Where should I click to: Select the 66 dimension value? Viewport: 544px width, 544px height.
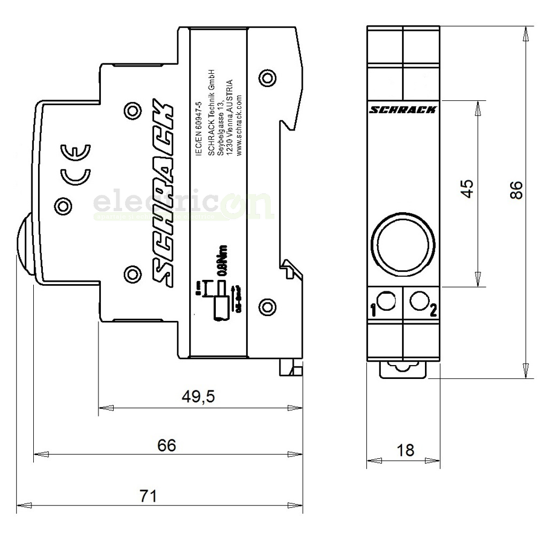coord(166,445)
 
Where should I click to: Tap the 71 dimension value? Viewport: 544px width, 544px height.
coord(148,496)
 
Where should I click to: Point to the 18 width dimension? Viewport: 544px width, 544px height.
coord(406,450)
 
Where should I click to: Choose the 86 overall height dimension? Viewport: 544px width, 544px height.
coord(516,190)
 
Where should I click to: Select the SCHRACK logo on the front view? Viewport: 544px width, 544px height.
coord(403,109)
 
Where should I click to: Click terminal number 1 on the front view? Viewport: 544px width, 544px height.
coord(373,311)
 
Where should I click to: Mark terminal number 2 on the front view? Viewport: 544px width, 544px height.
coord(433,311)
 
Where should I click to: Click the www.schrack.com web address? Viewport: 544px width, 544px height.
coord(239,125)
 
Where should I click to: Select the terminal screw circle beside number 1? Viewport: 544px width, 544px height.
coord(386,299)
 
